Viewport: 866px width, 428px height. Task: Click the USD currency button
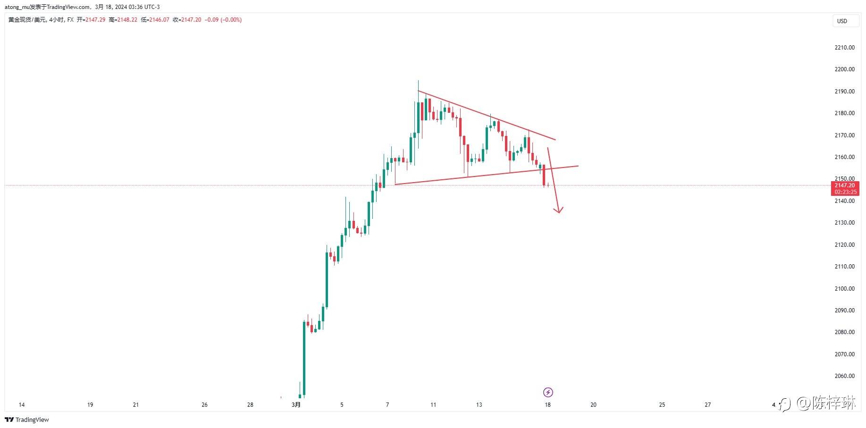coord(842,21)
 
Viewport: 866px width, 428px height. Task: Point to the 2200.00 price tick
coord(844,69)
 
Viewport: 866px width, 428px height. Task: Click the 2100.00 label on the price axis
coord(844,288)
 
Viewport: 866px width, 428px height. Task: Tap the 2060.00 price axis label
coord(844,376)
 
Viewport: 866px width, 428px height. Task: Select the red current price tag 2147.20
coord(844,185)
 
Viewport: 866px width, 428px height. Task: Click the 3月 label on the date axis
coord(296,404)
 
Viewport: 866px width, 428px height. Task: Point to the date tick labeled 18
coord(547,404)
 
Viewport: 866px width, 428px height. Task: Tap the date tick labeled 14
coord(21,404)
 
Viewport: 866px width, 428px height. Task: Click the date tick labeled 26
coord(204,404)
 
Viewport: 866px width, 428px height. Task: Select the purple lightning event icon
coord(548,392)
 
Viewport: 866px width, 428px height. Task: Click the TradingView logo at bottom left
coord(27,420)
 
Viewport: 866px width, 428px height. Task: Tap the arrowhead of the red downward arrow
coord(559,210)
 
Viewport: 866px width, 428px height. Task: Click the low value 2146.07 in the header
coord(159,20)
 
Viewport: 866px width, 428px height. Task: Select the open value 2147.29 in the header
coord(95,20)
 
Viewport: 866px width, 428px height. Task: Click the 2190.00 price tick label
coord(844,92)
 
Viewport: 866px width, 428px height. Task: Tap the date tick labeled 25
coord(662,404)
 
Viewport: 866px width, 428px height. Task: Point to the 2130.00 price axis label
coord(844,223)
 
